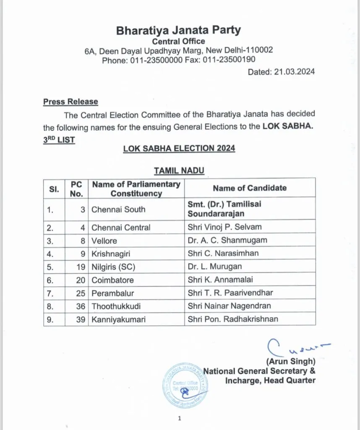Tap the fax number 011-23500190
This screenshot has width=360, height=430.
tap(238, 60)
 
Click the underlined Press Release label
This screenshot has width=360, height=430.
tap(70, 102)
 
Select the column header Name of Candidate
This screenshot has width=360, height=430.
tap(249, 188)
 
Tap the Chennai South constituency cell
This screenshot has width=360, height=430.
tap(118, 209)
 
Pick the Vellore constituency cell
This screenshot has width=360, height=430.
tap(104, 241)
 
